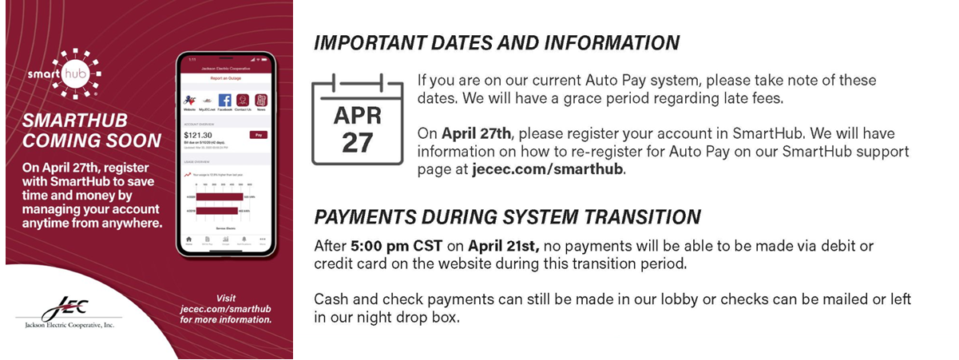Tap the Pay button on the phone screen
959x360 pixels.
(x=257, y=135)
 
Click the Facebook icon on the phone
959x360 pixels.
(x=225, y=101)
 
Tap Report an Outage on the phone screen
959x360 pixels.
(x=224, y=78)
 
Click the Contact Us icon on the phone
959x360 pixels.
(x=243, y=101)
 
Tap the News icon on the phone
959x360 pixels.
(x=260, y=101)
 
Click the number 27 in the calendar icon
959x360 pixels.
(x=359, y=141)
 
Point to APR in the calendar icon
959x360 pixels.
(x=359, y=117)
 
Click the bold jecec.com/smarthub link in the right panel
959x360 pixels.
(x=547, y=169)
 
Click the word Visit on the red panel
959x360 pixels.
(x=226, y=298)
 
